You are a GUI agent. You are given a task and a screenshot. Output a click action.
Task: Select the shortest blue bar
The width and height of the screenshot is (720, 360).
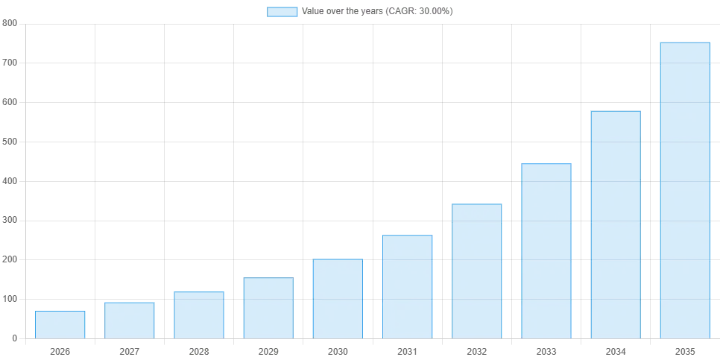coord(60,324)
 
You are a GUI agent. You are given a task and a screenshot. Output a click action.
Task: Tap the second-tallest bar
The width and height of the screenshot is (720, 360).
coord(616,224)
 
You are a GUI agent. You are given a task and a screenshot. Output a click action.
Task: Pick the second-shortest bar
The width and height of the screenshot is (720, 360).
coord(129,319)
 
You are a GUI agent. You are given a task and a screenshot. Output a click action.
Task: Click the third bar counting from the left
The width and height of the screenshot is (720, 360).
coord(199,313)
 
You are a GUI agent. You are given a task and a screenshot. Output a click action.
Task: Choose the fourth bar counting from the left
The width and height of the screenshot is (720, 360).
coord(268,307)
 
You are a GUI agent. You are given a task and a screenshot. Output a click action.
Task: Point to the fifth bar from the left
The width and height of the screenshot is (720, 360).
coord(337,298)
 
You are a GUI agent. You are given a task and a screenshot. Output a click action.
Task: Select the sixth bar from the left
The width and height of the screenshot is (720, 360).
coord(408,286)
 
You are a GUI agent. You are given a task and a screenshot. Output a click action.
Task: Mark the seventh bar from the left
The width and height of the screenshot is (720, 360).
coord(477,271)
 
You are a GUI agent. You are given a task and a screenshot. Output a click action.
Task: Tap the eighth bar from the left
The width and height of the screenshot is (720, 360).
coord(546,250)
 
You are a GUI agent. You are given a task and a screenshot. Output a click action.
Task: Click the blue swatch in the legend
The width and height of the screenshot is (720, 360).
coord(282,12)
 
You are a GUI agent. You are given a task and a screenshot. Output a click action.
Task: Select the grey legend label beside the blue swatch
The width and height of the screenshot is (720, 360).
coord(376,12)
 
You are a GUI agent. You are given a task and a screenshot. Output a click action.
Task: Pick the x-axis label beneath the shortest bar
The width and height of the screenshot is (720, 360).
coord(59,350)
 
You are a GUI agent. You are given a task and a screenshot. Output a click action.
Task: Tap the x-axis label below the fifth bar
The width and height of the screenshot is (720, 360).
coord(338,350)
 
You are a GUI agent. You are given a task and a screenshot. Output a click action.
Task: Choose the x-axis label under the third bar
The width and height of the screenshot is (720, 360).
coord(198,350)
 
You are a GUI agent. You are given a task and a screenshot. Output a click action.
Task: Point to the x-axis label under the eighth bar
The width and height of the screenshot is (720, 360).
coord(547,350)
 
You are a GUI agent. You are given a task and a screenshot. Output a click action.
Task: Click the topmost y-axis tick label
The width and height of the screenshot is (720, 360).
coord(9,24)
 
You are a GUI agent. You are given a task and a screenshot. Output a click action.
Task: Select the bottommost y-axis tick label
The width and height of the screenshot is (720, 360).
coord(14,339)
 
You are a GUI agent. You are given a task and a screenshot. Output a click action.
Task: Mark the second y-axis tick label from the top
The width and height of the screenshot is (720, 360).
coord(9,60)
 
